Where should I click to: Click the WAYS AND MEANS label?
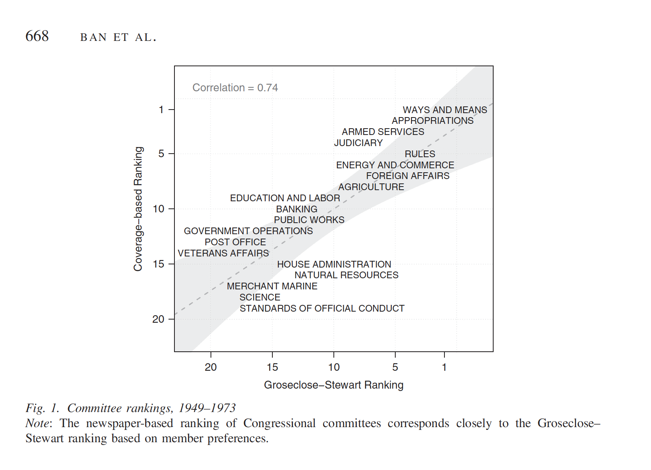point(445,110)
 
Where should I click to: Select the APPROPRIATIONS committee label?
point(433,121)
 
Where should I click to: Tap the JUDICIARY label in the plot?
point(358,143)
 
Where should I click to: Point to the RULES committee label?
point(420,154)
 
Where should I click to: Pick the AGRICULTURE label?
point(371,187)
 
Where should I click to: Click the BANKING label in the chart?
point(297,209)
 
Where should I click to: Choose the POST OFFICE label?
point(235,242)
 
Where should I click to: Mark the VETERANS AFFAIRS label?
point(223,253)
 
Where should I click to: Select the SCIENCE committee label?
point(260,297)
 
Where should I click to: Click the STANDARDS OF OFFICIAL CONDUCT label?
point(322,308)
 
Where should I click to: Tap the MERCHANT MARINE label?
point(272,286)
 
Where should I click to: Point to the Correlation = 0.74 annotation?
point(235,88)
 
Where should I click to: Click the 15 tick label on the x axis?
point(272,367)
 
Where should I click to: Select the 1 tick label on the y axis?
point(161,110)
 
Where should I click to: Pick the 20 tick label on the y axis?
point(158,319)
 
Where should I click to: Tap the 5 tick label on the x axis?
point(395,367)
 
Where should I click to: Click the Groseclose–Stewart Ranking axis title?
point(333,385)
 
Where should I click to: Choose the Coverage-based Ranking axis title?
point(138,209)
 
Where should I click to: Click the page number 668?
point(37,36)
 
